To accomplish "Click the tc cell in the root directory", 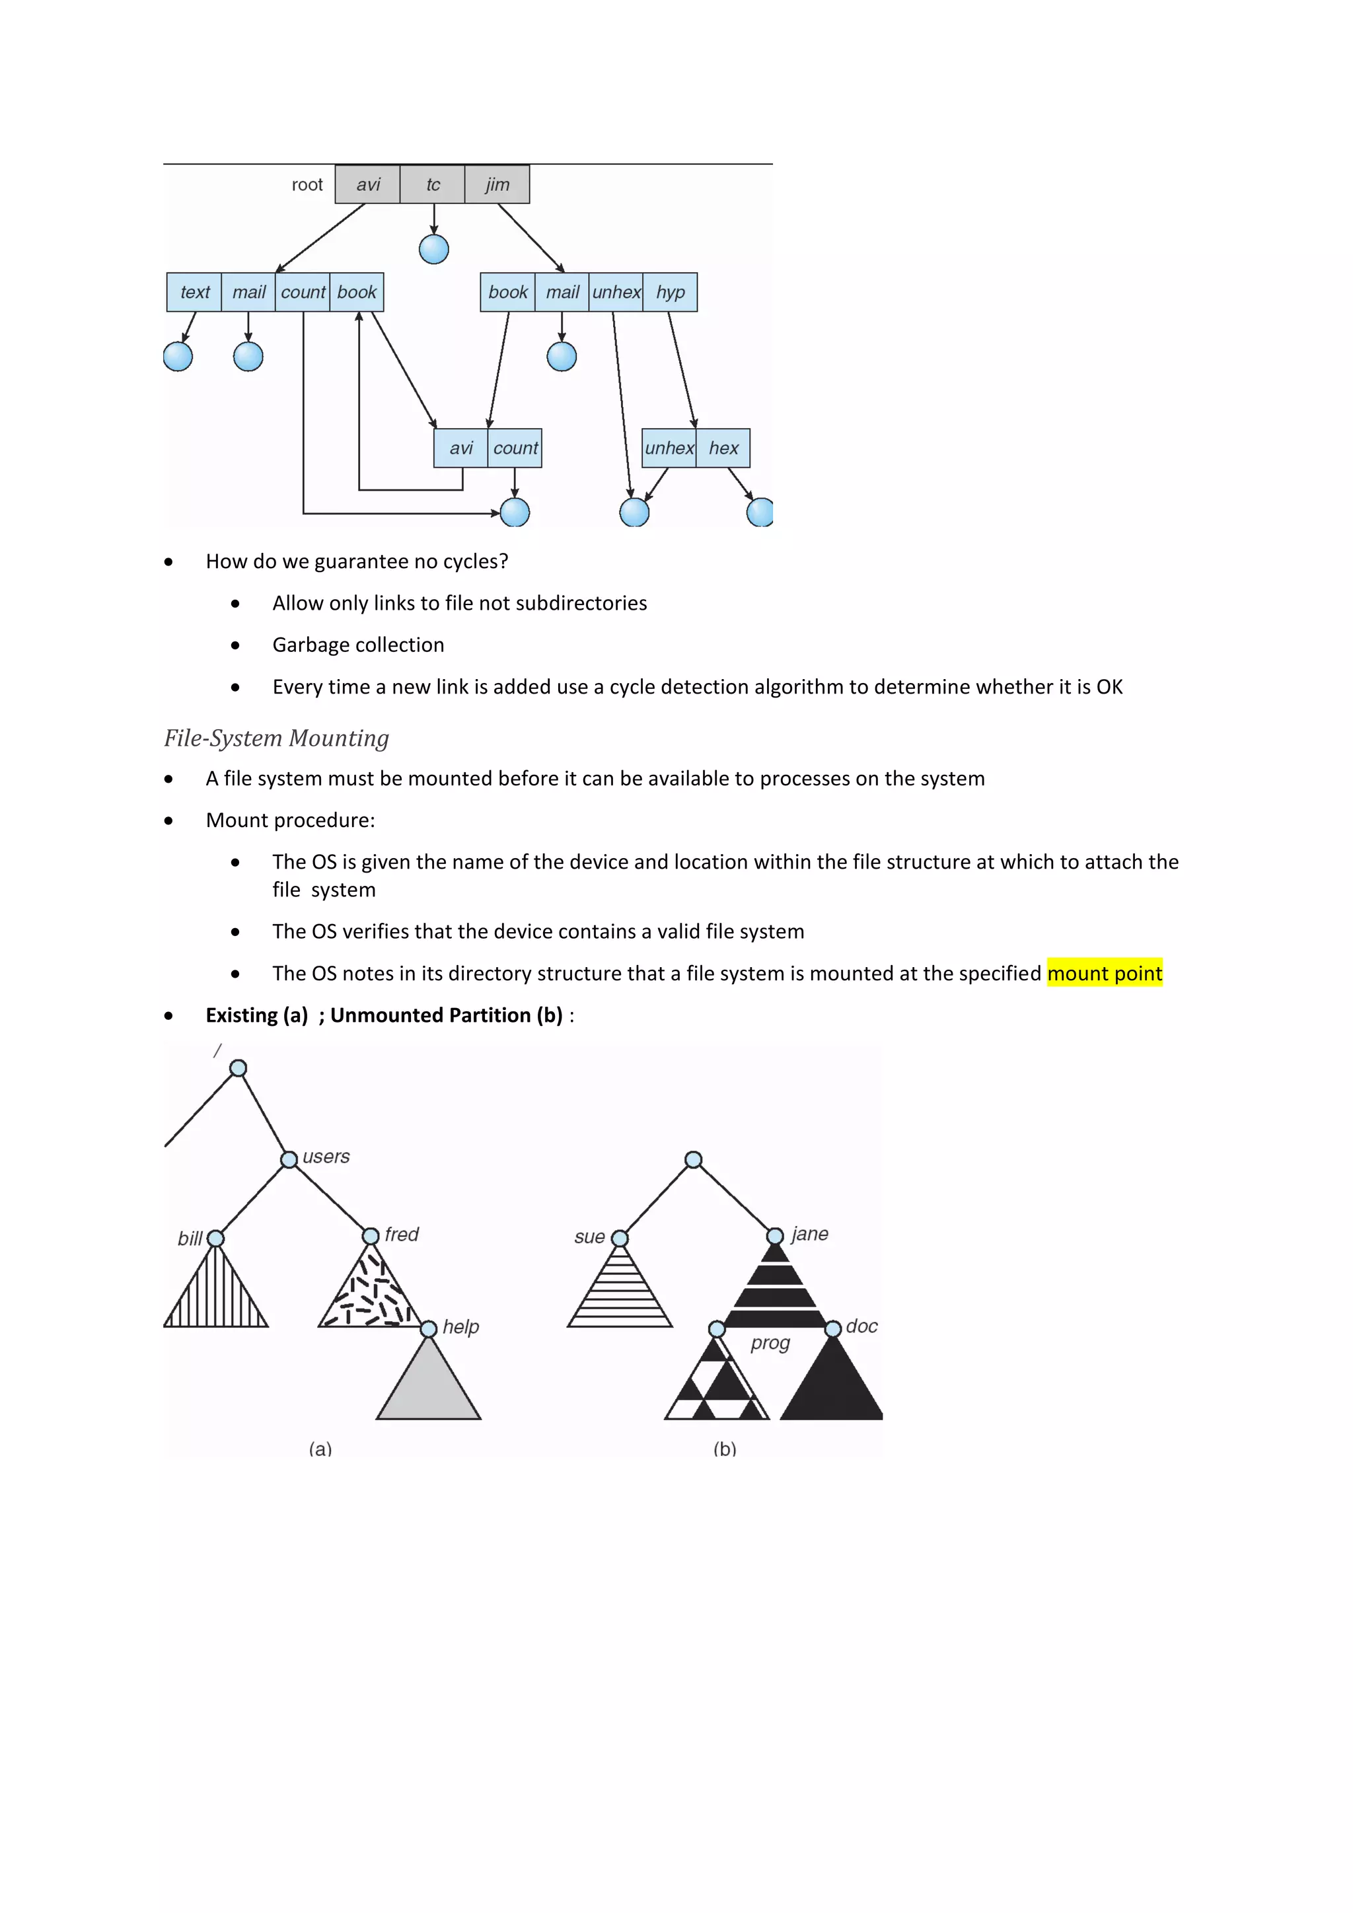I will point(433,185).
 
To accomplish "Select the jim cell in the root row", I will point(497,185).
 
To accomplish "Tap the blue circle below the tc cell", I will point(433,249).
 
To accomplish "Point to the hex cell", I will point(723,449).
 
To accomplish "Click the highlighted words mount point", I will point(1104,973).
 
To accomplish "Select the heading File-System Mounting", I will point(277,739).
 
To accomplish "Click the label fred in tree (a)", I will point(402,1234).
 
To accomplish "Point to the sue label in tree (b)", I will point(589,1237).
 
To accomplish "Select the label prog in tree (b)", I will point(770,1343).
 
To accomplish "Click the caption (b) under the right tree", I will point(725,1449).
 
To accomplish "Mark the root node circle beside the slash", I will point(238,1068).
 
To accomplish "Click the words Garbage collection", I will point(358,645).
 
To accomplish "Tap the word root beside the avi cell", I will point(307,185).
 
